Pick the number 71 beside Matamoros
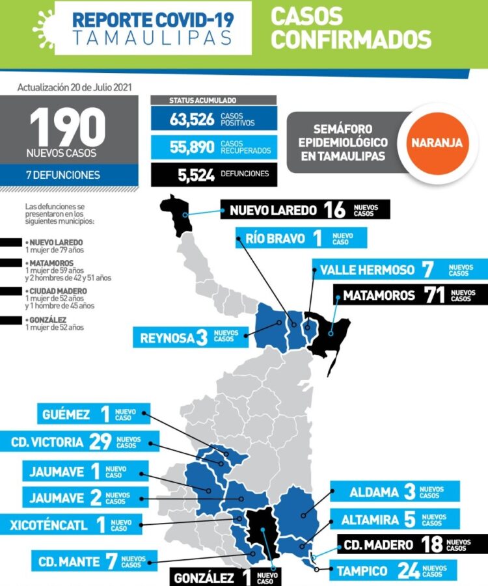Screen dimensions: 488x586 [x=432, y=295]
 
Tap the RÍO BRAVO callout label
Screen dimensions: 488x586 [x=275, y=239]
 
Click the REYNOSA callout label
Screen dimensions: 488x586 [x=167, y=338]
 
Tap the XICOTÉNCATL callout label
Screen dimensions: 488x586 [x=52, y=524]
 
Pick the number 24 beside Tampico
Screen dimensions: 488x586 [x=409, y=571]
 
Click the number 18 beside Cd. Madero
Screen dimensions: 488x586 [x=432, y=544]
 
